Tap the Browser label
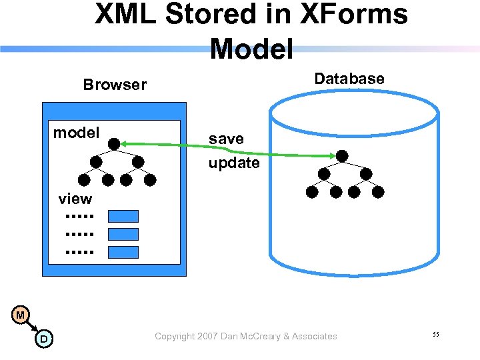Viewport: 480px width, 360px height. pos(115,85)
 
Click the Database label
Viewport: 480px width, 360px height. pos(349,79)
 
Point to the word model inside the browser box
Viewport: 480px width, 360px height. pos(76,133)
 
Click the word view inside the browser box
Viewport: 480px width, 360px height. pos(75,199)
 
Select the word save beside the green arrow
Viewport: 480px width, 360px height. pos(226,139)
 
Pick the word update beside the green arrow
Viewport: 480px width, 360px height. pos(234,163)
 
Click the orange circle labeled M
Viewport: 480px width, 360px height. pos(21,314)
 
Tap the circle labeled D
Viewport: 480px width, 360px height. pos(43,339)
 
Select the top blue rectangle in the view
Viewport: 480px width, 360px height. pos(123,216)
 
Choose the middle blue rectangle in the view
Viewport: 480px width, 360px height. pos(123,234)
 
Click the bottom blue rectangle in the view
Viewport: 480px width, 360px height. pos(123,252)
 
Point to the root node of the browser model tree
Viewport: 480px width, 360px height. pos(115,143)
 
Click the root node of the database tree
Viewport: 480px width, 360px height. pos(342,156)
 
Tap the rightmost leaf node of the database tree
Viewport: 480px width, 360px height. pos(378,192)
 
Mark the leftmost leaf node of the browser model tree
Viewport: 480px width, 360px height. pos(84,180)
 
